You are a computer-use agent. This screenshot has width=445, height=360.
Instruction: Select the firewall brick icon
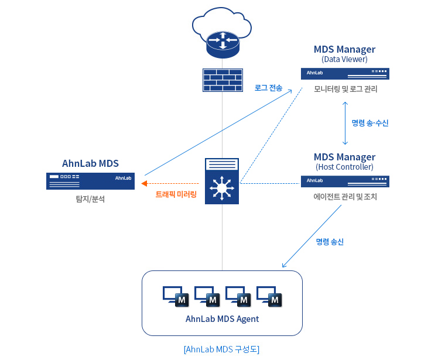click(222, 80)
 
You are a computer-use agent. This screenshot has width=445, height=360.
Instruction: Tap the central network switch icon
click(222, 181)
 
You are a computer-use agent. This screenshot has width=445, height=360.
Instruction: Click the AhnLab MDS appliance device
click(90, 181)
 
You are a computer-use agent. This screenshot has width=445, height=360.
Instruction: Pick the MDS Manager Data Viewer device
click(345, 73)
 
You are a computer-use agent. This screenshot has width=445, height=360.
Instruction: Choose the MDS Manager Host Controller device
click(345, 181)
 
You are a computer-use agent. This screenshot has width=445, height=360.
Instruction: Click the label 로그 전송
click(268, 88)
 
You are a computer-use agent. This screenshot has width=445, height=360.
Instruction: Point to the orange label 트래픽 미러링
click(176, 194)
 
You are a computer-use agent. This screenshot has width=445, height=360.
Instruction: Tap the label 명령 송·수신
click(369, 123)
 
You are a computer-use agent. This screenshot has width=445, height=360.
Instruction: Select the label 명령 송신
click(330, 241)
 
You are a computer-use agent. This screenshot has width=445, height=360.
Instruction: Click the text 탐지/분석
click(90, 199)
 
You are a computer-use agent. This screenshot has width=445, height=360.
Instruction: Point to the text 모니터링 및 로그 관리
click(345, 90)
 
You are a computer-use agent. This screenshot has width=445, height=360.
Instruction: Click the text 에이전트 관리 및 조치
click(345, 197)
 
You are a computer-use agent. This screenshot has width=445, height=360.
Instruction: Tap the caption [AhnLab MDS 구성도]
click(221, 349)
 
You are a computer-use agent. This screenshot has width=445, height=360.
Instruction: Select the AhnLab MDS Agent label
click(222, 319)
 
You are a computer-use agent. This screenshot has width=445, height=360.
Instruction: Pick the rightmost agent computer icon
click(270, 296)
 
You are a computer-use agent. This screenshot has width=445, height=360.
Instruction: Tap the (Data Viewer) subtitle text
click(344, 59)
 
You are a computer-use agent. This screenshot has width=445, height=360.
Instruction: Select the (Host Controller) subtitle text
click(344, 167)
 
